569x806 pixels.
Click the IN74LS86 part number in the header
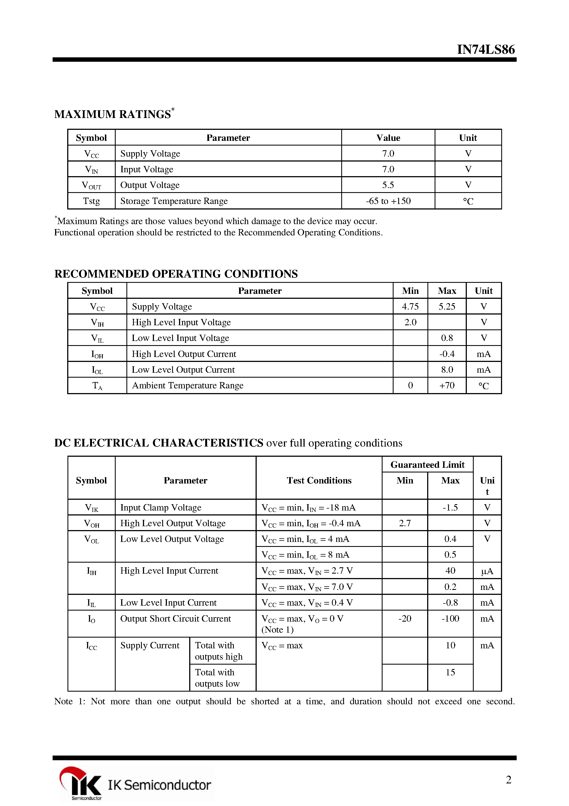coord(486,50)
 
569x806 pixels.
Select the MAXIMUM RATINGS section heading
coord(113,114)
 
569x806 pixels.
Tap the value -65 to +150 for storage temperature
coord(388,201)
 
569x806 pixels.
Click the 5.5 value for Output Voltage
coord(388,185)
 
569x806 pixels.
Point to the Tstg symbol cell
coord(91,201)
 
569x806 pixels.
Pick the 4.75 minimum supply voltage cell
coord(410,307)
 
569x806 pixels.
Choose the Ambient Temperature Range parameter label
coord(187,385)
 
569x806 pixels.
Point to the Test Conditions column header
coord(319,480)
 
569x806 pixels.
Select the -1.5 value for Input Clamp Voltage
coord(450,508)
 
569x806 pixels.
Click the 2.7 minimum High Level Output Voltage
coord(405,523)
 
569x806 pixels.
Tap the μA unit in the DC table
coord(487,571)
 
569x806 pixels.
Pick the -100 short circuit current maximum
coord(450,619)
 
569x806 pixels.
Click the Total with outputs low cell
coord(217,678)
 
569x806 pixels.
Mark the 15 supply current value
coord(450,672)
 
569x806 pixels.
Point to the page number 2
coord(508,780)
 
